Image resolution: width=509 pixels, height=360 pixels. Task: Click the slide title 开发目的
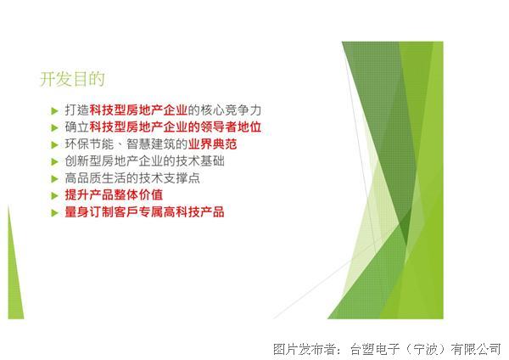click(72, 79)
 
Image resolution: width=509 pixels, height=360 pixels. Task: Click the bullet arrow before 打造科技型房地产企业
click(54, 111)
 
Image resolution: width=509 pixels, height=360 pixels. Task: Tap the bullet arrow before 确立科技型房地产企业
click(54, 128)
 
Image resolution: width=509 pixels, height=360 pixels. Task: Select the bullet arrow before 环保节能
click(54, 145)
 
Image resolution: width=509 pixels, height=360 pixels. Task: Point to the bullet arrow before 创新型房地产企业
click(54, 162)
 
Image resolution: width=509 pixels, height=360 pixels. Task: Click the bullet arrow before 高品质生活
click(54, 178)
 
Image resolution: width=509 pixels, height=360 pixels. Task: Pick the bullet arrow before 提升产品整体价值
click(54, 195)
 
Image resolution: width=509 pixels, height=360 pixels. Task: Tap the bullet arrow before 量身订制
click(54, 213)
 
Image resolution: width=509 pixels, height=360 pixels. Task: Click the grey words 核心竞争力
click(231, 110)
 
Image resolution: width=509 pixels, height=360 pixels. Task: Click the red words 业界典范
click(213, 144)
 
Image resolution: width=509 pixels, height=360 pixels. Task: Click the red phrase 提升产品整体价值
click(114, 195)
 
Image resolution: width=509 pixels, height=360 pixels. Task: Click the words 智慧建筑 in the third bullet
click(151, 144)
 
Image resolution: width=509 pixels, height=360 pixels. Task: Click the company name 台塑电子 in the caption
click(375, 349)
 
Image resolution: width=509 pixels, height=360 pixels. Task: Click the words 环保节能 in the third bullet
click(90, 144)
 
